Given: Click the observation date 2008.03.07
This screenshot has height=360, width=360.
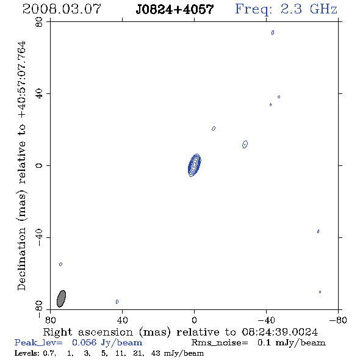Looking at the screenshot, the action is point(62,9).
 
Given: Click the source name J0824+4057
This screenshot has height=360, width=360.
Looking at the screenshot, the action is point(175,9).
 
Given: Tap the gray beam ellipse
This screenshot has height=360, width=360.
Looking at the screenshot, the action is point(61,298).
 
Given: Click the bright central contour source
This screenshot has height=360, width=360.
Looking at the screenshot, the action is point(195,165).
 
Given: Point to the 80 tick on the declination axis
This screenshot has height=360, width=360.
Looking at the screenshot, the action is point(39,22).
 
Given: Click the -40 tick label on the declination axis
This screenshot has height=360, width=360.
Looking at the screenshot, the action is point(39,237).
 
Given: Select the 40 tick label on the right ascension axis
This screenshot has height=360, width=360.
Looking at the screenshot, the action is point(122,320).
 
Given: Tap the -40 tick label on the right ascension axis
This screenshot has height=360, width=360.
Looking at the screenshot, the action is point(266,320).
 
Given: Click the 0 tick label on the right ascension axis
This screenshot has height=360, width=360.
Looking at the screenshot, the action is point(194,320).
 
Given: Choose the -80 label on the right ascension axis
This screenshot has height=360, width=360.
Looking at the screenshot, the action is point(338,320).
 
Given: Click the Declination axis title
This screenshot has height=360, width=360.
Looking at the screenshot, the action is point(22,165).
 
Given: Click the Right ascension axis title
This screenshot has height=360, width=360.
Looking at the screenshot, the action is point(181,332).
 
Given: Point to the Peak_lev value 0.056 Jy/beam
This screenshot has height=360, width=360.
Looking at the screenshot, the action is point(107,342).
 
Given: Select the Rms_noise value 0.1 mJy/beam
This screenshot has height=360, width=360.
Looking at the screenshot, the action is point(292,342).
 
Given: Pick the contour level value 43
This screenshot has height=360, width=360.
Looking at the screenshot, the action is point(156,353).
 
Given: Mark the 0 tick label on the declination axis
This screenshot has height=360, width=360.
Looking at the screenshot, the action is point(39,165).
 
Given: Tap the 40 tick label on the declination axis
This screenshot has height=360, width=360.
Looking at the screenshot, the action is point(39,94).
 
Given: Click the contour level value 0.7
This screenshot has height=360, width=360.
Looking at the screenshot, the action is point(49,353).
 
